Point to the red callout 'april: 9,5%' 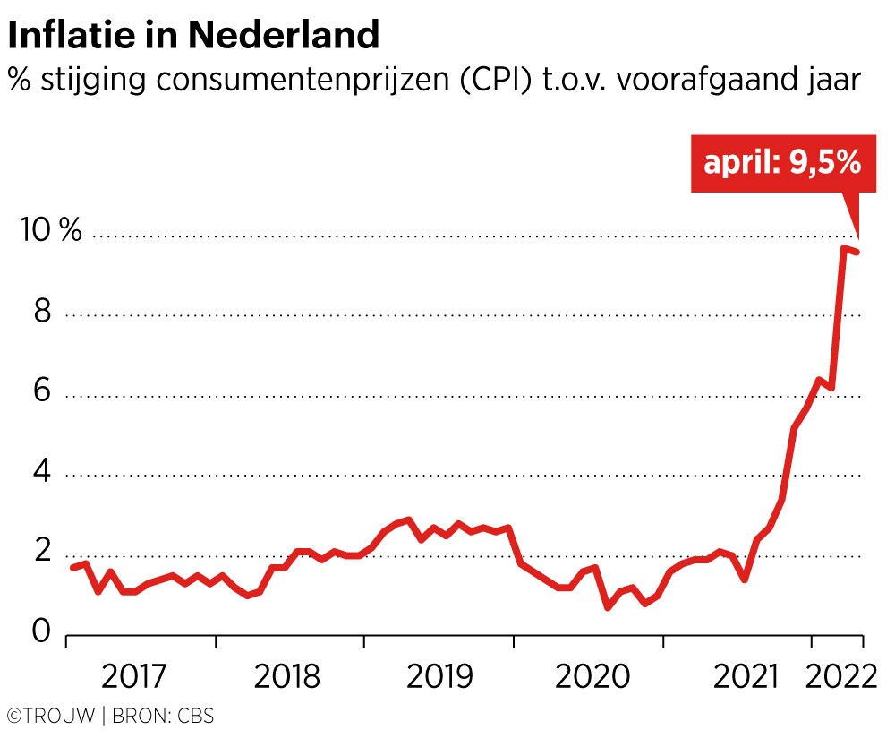(781, 163)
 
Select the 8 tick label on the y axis (39, 313)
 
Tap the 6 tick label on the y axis (39, 394)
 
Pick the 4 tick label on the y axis (39, 474)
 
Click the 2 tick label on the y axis (39, 554)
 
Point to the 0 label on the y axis (39, 633)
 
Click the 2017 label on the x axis (135, 677)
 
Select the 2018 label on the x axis (286, 677)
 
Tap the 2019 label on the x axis (439, 677)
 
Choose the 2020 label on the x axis (588, 677)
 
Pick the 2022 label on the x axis (840, 677)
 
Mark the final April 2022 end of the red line (857, 252)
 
